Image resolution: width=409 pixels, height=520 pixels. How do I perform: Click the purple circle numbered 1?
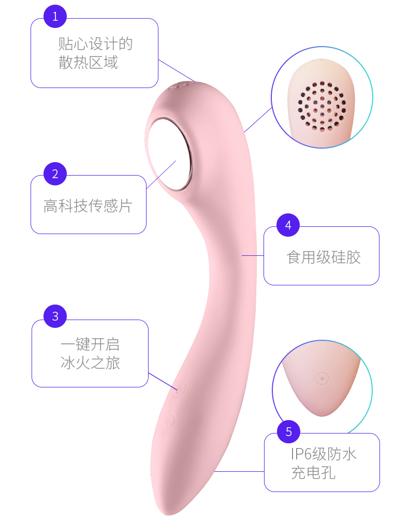55,17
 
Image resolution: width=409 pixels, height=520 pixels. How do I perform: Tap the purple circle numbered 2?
55,174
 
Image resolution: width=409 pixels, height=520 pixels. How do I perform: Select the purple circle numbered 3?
55,316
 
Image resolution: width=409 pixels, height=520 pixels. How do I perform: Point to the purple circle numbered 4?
288,225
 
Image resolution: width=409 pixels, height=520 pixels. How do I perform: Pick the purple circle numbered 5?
289,431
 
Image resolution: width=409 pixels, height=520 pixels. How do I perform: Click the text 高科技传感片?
88,206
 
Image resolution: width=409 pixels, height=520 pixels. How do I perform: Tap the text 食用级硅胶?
324,257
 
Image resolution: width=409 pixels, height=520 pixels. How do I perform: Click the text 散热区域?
88,63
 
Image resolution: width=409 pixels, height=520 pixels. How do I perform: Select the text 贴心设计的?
96,44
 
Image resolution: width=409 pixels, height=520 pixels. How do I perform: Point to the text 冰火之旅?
90,363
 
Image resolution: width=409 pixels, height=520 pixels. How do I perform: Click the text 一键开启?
90,344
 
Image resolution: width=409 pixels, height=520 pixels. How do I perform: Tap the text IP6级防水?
323,454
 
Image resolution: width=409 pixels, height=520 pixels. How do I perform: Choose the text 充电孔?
313,473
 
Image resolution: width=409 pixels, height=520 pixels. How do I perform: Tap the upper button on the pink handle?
180,388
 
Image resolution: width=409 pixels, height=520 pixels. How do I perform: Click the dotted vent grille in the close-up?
322,106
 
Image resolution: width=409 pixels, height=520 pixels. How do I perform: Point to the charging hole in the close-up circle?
322,378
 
